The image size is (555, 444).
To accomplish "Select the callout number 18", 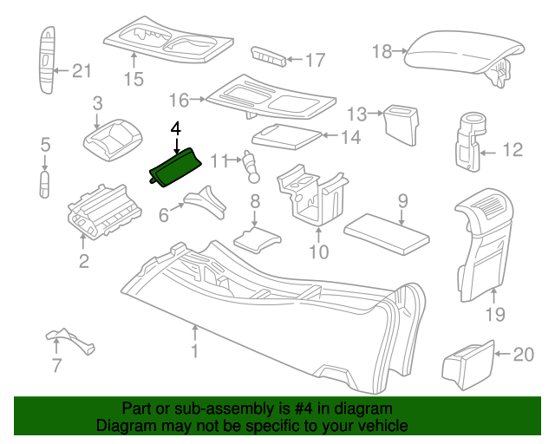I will click(x=382, y=52).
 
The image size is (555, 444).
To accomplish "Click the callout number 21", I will click(x=81, y=71).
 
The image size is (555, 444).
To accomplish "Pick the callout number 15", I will click(x=133, y=82).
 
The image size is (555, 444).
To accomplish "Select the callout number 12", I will click(x=513, y=151).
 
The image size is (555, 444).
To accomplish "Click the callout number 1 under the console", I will click(x=195, y=351).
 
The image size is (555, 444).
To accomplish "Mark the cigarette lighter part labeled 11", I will click(x=252, y=166).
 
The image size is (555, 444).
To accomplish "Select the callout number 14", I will click(x=349, y=136).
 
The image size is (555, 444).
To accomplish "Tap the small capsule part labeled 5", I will click(x=45, y=183).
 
